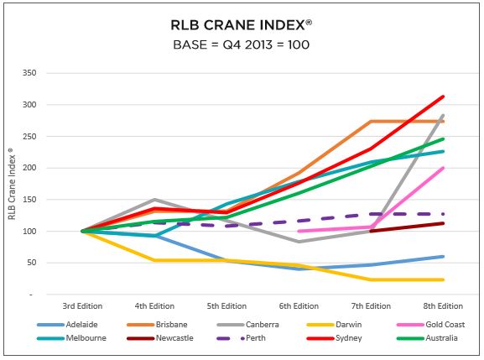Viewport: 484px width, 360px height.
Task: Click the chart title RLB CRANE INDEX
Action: [x=241, y=23]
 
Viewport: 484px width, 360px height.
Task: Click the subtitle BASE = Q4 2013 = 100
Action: [x=241, y=44]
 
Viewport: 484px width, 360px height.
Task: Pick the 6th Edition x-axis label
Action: [x=299, y=306]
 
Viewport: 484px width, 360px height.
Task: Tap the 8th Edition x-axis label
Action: [x=443, y=306]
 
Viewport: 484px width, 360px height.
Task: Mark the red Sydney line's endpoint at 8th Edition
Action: [x=443, y=97]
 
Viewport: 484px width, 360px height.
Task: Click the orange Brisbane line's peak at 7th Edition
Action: [x=372, y=121]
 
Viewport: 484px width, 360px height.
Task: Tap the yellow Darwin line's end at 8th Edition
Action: [x=443, y=279]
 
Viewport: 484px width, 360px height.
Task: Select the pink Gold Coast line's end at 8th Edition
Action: [x=443, y=168]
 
